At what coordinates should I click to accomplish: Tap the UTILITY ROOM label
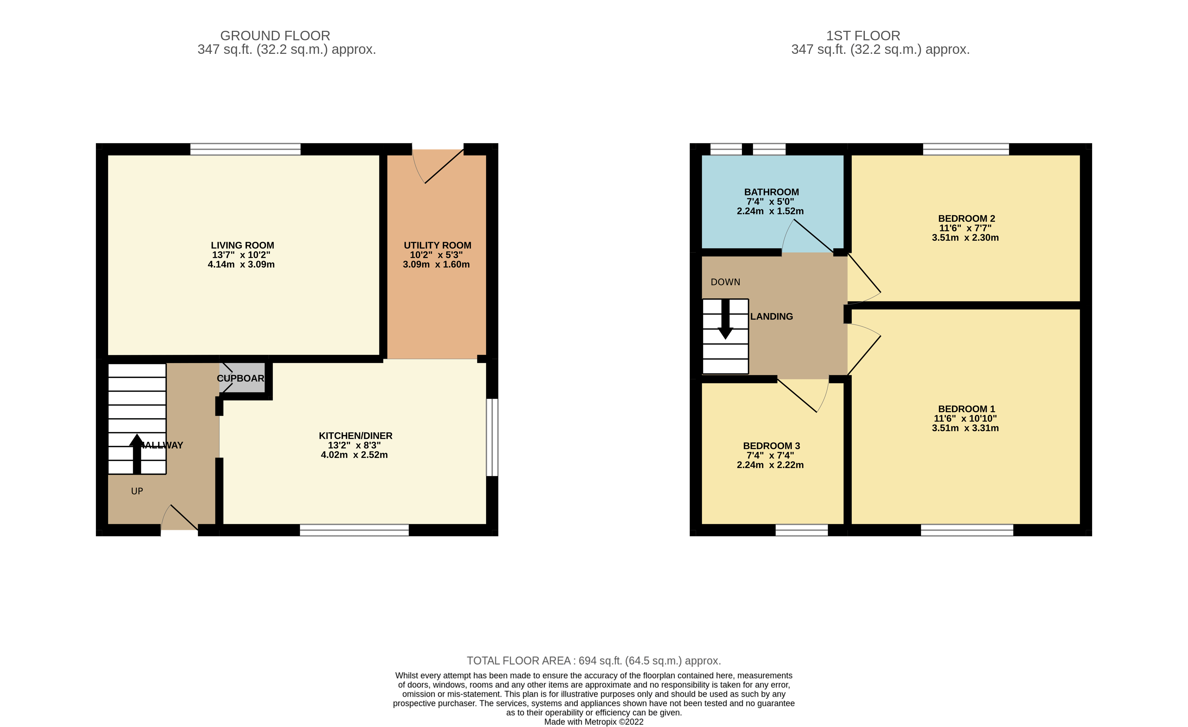coord(437,245)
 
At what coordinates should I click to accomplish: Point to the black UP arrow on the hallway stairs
coord(137,453)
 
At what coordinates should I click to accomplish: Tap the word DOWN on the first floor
coord(725,282)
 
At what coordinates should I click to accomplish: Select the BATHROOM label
coord(771,192)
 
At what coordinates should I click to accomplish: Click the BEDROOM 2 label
coord(966,218)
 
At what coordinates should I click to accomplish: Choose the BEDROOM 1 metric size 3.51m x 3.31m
coord(965,428)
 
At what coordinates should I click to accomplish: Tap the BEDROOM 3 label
coord(771,446)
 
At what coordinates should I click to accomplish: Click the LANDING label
coord(771,317)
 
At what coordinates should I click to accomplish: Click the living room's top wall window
coord(245,149)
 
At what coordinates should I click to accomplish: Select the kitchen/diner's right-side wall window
coord(492,437)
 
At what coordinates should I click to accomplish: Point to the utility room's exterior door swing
coord(436,166)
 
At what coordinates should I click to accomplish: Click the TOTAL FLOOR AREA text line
coord(593,661)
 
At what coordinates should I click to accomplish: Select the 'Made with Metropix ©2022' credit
coord(593,722)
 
